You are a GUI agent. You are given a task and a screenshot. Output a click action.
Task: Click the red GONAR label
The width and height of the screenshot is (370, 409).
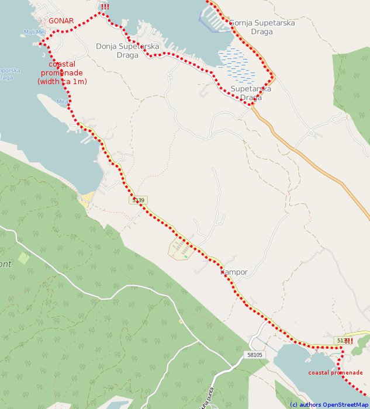coord(61,21)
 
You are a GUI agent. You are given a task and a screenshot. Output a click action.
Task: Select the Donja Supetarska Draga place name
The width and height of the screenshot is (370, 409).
coord(127,50)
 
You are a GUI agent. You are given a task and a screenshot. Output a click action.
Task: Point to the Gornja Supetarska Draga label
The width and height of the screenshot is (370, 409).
coord(262,27)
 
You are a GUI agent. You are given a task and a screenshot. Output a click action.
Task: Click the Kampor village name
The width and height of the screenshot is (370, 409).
coord(234,272)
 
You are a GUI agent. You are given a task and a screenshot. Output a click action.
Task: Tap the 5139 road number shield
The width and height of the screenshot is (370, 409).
coord(138,200)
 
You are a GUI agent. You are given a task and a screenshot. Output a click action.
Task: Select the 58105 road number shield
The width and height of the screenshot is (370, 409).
coord(255,355)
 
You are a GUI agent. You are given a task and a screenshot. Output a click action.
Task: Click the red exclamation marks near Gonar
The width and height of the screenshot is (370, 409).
coord(105,7)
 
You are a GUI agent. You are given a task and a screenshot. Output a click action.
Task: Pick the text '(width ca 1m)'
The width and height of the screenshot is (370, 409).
coord(62,82)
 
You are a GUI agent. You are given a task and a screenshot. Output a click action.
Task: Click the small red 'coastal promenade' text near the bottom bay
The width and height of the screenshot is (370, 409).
coord(336,373)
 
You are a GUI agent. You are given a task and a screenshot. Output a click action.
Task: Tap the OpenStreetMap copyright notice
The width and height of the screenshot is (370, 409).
coord(329,404)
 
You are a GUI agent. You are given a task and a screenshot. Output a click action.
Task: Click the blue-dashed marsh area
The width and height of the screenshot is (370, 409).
coord(236,65)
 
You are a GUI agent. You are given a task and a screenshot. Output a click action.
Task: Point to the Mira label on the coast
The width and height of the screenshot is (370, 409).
coord(63,102)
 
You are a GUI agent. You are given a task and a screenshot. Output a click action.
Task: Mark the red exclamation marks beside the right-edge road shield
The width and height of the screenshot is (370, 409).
coord(349,341)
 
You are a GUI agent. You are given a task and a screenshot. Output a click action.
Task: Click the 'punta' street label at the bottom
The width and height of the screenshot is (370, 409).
coord(206,397)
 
